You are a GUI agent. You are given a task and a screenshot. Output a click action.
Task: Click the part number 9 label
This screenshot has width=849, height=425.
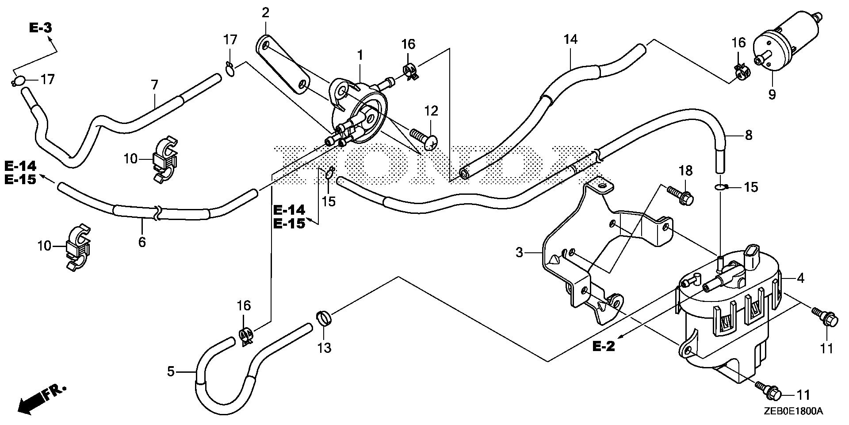click(x=772, y=94)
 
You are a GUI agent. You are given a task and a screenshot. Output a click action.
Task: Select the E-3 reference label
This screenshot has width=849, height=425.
click(x=41, y=28)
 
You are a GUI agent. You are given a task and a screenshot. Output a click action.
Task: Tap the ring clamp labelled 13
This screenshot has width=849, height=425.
click(x=324, y=319)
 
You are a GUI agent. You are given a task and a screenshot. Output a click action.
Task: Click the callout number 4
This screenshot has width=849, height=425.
click(x=800, y=278)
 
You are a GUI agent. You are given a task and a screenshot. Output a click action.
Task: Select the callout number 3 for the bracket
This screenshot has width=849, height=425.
click(x=519, y=253)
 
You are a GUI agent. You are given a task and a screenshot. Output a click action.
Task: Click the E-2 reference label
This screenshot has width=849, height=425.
click(x=604, y=346)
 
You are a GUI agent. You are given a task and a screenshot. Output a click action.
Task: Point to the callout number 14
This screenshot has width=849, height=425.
click(x=570, y=39)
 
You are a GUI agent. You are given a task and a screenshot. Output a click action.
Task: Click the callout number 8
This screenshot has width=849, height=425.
click(x=748, y=135)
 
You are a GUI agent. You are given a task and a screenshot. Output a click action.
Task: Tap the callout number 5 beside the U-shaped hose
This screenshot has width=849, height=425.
click(x=171, y=372)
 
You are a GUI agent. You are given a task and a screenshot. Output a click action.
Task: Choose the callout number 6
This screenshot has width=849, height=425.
click(x=142, y=242)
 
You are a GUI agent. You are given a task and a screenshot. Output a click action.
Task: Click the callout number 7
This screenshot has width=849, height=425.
click(x=154, y=85)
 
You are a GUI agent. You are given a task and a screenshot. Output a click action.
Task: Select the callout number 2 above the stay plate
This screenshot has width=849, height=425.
click(x=265, y=12)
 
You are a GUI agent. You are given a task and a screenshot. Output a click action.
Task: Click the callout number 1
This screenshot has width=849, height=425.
click(x=360, y=55)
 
